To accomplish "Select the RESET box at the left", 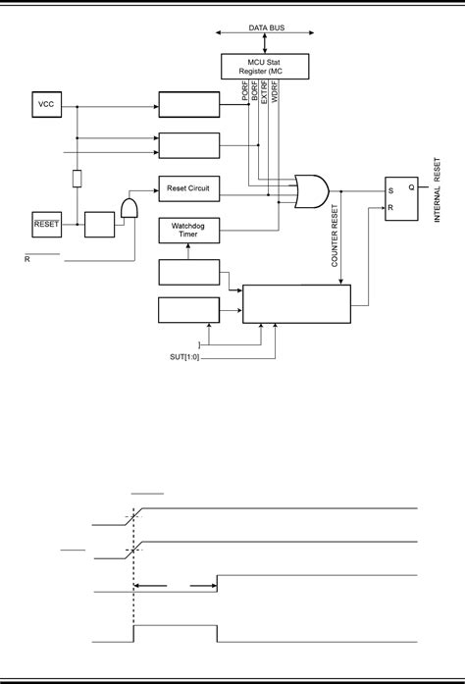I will click(47, 223).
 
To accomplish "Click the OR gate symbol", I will click(313, 190).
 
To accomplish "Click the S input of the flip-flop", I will click(389, 192).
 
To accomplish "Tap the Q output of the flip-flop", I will click(411, 186).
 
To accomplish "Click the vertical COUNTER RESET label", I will click(336, 238).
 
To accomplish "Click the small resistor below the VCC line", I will click(76, 178).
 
